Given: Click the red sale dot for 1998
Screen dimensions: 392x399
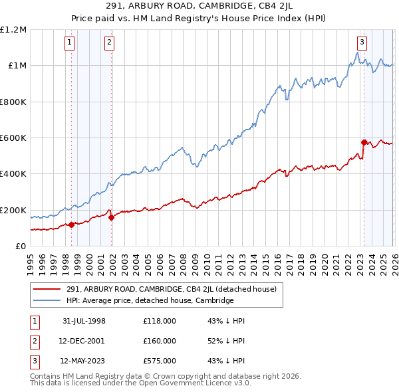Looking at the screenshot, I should point(71,225).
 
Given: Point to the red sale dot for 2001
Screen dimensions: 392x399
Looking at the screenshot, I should point(110,217).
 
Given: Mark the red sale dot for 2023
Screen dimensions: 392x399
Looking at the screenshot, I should point(363,142).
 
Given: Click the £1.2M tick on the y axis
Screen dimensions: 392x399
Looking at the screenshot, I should point(13,30).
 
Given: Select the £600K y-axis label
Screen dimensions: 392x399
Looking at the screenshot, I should point(13,138).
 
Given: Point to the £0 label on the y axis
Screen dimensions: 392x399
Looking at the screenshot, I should point(20,246).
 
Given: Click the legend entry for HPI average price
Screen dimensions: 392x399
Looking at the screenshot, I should point(150,300).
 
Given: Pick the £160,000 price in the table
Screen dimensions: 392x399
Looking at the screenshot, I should point(160,341).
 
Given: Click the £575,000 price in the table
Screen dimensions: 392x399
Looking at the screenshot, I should point(160,361).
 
